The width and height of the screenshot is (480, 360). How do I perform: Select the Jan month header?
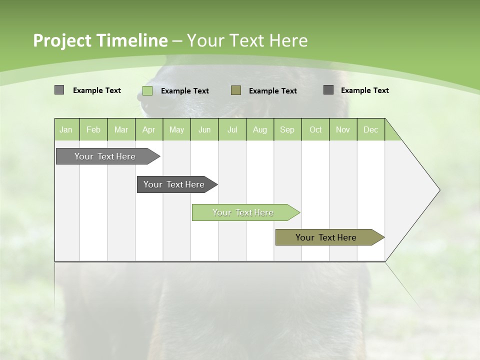tap(66, 129)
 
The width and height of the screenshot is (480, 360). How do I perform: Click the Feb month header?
tap(93, 129)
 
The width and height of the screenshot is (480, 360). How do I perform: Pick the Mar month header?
tap(121, 129)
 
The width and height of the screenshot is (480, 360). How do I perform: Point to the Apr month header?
tap(149, 129)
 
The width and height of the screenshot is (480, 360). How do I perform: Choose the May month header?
tap(176, 129)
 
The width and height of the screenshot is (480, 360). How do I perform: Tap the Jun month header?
tap(204, 129)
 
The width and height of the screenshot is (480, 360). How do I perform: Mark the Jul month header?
tap(232, 129)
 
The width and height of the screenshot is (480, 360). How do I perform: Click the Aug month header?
tap(260, 129)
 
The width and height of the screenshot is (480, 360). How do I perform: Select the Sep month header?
tap(287, 129)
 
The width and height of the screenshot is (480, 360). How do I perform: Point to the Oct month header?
tap(315, 129)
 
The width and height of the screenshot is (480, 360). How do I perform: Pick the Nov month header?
tap(343, 129)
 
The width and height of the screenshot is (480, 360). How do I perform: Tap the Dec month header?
tap(371, 129)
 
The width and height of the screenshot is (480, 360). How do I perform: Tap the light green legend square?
tap(147, 90)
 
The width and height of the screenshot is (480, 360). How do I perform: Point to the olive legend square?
tap(236, 90)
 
